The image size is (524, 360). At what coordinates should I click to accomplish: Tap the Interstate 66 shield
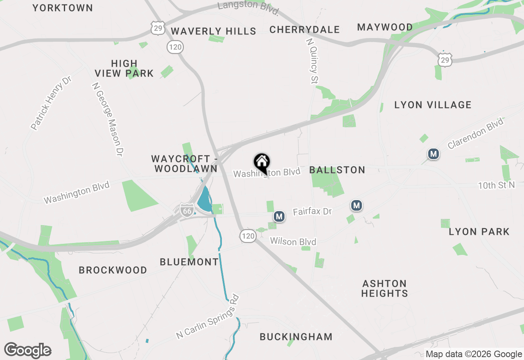click(187, 211)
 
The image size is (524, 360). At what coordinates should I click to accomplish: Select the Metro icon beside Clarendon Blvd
click(433, 154)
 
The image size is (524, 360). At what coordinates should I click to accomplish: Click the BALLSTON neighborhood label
click(337, 170)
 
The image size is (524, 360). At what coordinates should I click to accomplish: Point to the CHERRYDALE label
click(305, 29)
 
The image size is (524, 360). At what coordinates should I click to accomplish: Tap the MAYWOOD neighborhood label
click(385, 27)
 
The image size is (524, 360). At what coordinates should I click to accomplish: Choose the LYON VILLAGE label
click(433, 105)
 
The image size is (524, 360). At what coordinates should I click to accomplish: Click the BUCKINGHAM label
click(296, 337)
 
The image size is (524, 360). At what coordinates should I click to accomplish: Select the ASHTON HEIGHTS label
click(384, 288)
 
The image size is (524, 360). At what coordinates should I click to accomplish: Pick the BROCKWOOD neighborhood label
click(113, 270)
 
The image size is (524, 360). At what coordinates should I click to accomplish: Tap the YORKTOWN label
click(63, 8)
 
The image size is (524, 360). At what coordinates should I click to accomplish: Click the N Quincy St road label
click(312, 61)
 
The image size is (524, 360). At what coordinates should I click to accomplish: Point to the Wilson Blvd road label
click(293, 242)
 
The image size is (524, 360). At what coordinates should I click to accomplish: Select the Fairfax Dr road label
click(312, 211)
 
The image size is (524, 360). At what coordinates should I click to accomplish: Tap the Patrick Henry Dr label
click(51, 103)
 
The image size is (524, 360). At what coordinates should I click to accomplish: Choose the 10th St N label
click(496, 186)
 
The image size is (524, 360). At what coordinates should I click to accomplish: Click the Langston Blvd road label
click(248, 6)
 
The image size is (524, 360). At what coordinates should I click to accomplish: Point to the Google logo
click(28, 351)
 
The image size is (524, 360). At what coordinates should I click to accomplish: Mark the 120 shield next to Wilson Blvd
click(248, 236)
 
